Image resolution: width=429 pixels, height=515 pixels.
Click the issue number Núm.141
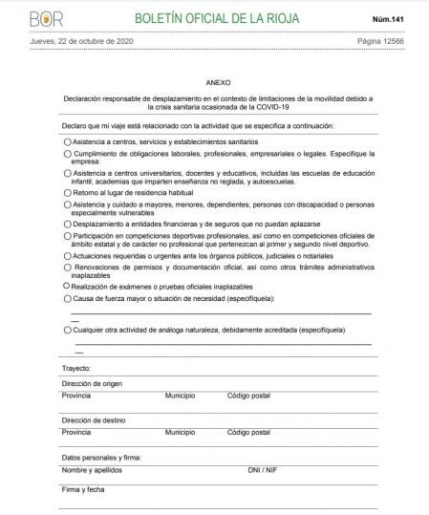396,19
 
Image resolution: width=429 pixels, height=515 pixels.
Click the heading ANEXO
217,83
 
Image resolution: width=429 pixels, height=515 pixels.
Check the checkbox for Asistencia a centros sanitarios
67,140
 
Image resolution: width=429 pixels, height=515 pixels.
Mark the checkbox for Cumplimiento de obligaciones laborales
67,153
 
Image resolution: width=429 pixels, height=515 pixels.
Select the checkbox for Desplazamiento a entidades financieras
67,224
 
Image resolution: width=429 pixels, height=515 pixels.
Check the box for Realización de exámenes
67,285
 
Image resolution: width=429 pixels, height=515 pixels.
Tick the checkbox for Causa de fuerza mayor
67,298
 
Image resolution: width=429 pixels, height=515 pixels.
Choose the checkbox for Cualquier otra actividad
67,329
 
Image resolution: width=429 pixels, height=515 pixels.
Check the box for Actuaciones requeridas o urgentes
67,256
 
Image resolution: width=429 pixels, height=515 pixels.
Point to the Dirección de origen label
93,382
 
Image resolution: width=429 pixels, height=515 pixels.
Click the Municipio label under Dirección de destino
180,432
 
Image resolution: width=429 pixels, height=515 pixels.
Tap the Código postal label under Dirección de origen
248,395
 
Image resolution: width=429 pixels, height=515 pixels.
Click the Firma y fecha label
83,490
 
